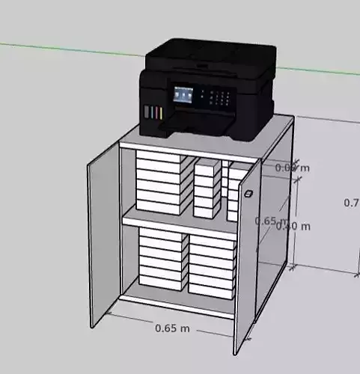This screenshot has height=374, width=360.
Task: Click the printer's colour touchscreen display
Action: pos(183,96)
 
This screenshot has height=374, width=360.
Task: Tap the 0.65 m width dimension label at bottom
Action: pos(172,328)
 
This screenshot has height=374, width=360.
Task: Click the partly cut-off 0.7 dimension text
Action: pos(351,203)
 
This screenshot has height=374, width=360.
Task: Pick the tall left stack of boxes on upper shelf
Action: pos(159,184)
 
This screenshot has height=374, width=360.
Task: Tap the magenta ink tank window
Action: pos(153,113)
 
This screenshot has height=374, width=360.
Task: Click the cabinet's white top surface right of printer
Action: pos(281,135)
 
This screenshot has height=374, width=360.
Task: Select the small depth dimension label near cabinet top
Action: pos(292,168)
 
